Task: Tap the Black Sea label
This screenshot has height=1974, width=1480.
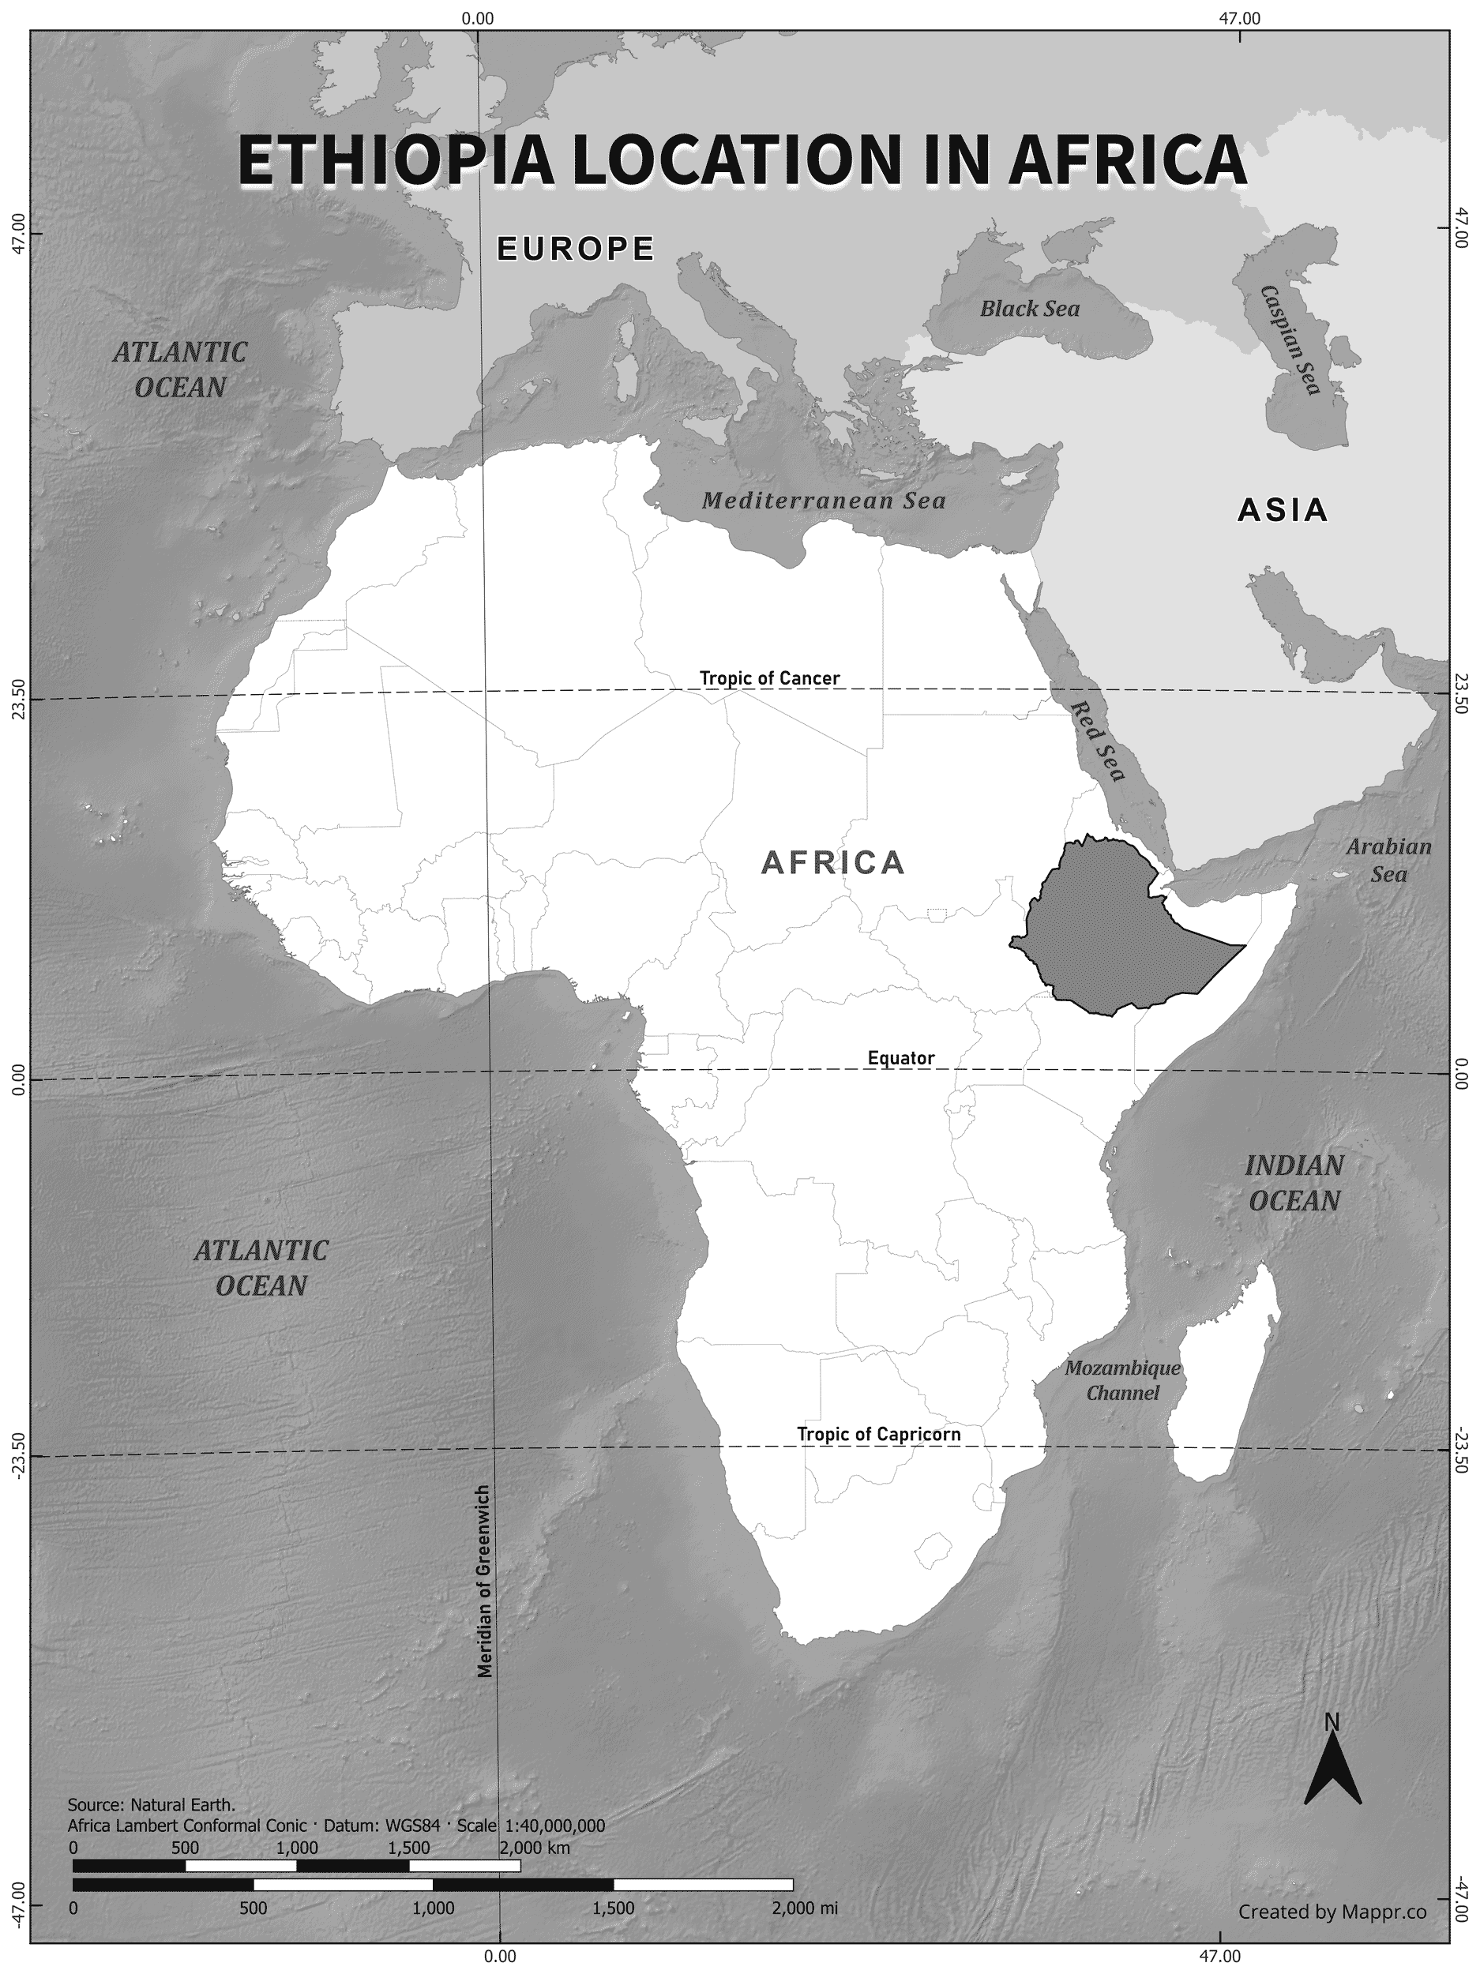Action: click(1029, 309)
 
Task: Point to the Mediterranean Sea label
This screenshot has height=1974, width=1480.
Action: click(823, 501)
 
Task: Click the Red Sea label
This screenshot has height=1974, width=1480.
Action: click(1097, 741)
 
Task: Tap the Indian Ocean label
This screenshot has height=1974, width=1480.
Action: click(1294, 1183)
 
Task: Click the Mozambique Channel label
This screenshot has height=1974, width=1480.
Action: click(1122, 1379)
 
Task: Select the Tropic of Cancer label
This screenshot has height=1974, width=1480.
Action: click(768, 678)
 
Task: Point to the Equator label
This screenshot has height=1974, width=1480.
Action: click(900, 1058)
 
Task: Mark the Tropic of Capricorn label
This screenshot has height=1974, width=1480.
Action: click(878, 1434)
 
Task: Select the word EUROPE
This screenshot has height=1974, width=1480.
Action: click(576, 249)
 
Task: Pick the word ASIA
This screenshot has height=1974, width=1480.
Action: click(1282, 510)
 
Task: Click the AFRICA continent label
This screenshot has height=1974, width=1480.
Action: click(833, 863)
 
